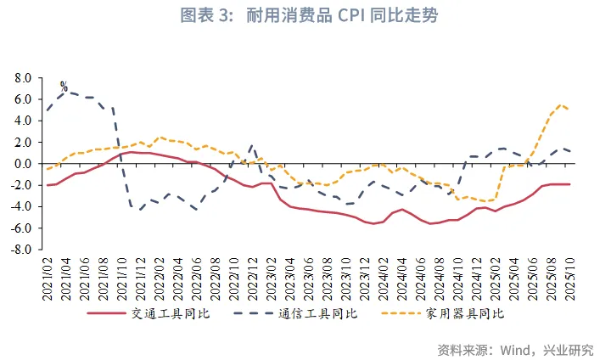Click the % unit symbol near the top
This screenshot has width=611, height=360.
coord(64,87)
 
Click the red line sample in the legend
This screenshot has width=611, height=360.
coord(113,313)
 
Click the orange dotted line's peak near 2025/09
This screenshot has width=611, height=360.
coord(560,104)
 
